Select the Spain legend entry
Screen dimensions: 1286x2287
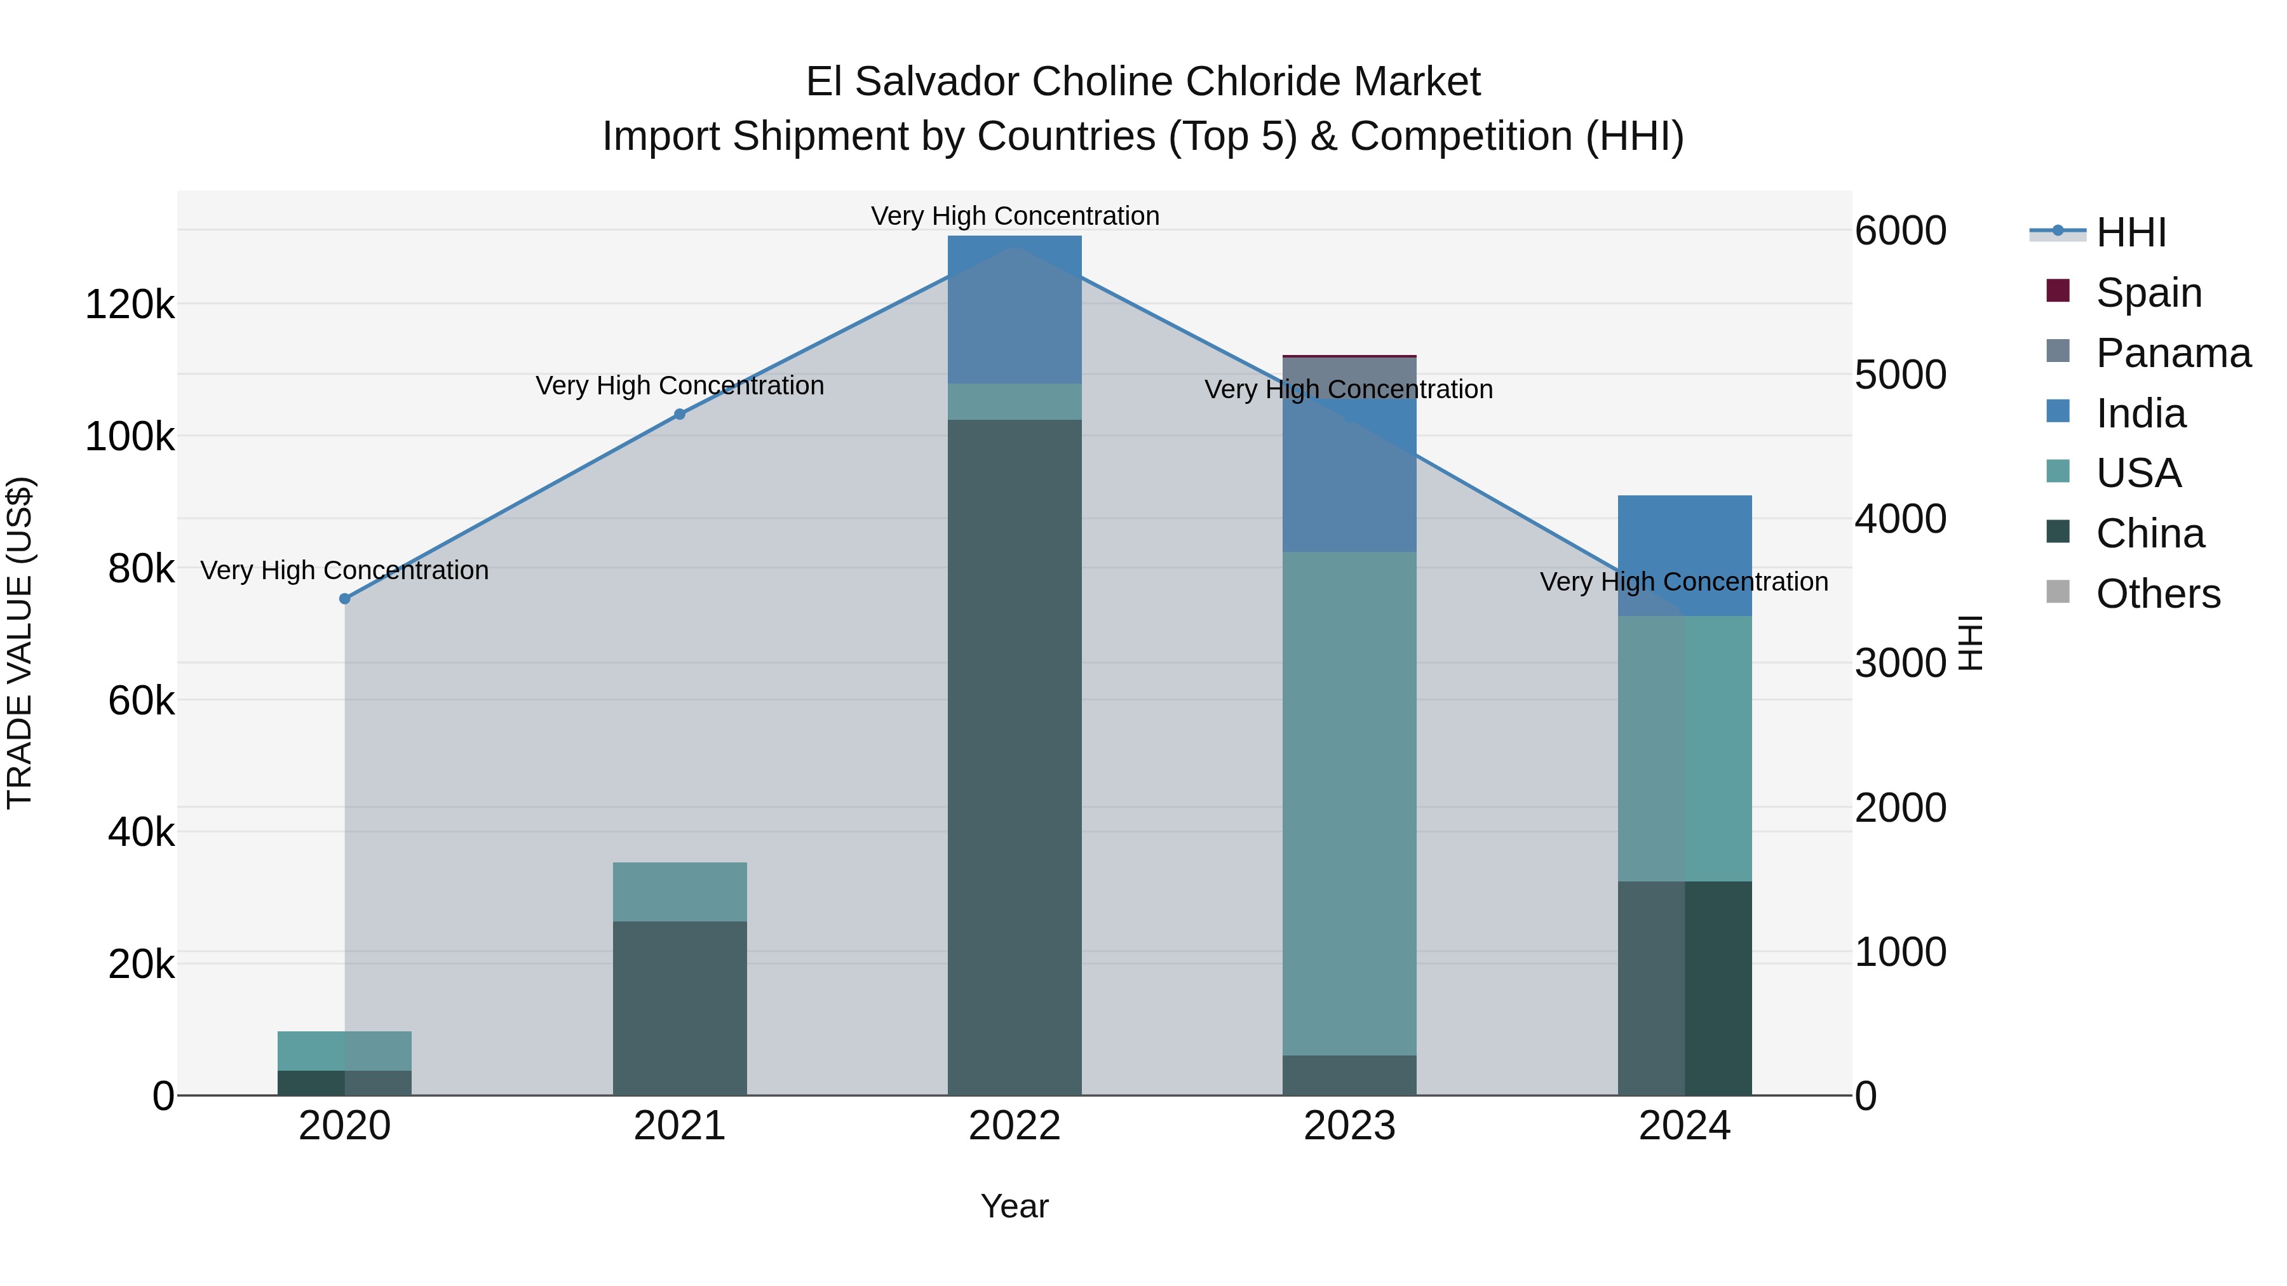(x=2149, y=292)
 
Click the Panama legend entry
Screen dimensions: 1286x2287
(x=2173, y=352)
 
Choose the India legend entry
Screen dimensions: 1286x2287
(x=2140, y=413)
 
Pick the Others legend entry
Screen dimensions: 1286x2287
(x=2157, y=594)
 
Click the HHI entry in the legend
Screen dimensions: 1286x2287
(x=2131, y=232)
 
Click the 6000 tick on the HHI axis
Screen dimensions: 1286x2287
(x=1900, y=231)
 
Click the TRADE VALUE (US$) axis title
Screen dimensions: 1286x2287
(x=20, y=643)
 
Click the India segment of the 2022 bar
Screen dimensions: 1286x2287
(x=1015, y=310)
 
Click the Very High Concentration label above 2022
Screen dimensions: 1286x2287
(x=1015, y=217)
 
